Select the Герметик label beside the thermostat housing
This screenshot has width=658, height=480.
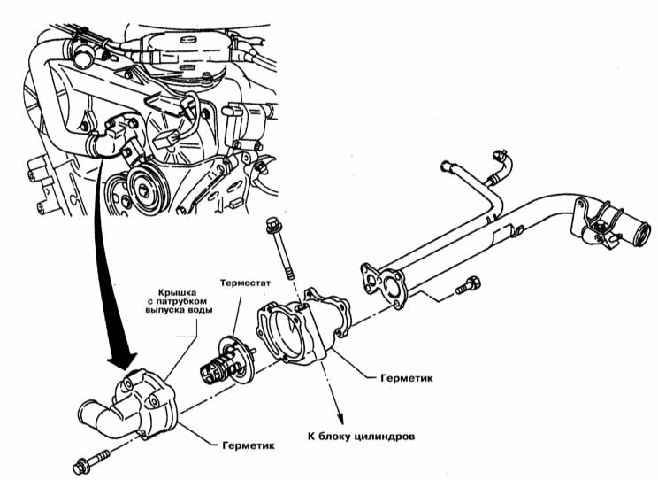tap(406, 377)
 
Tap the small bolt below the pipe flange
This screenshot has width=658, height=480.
tap(468, 286)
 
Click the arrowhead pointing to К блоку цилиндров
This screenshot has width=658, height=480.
tap(340, 420)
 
